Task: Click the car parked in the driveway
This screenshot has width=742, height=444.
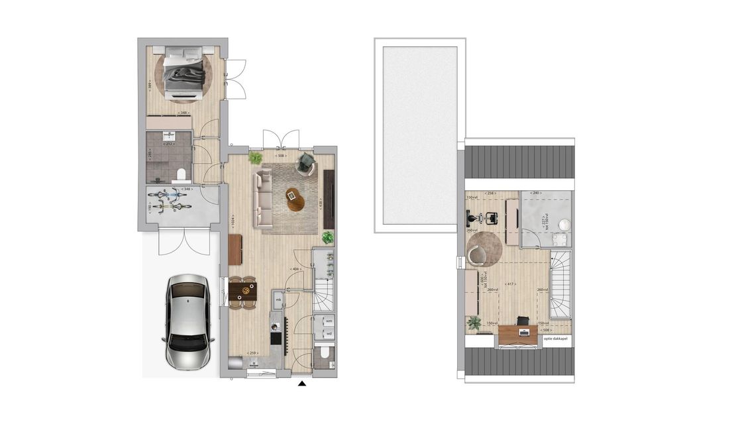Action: (x=187, y=321)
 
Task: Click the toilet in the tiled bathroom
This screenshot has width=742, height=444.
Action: (x=181, y=174)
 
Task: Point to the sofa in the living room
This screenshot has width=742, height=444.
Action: (x=263, y=196)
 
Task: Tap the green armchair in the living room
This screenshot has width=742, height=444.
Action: (x=306, y=162)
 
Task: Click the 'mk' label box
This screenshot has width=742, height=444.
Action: (x=278, y=301)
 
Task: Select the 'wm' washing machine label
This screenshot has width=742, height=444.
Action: (x=329, y=321)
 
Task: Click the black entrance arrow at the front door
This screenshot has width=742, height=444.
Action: (x=302, y=383)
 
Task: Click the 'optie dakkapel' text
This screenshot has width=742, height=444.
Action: (x=555, y=339)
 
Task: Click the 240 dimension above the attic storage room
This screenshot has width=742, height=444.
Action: (x=545, y=193)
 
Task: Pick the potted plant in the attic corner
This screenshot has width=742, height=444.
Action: (x=474, y=323)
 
